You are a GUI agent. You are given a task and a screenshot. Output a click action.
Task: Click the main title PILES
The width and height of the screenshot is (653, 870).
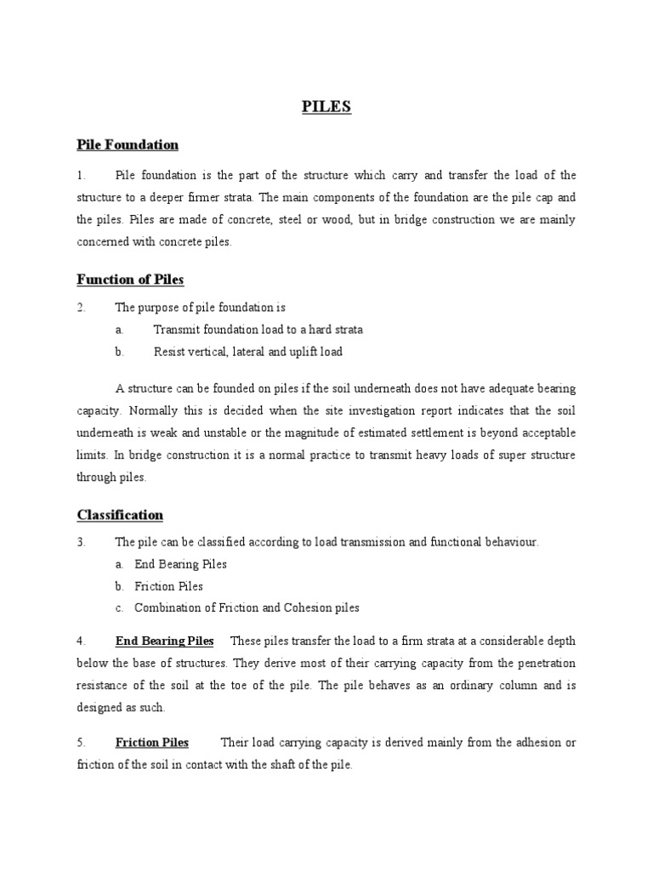click(x=326, y=108)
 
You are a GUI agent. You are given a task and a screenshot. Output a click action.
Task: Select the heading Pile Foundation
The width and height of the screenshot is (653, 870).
click(x=128, y=145)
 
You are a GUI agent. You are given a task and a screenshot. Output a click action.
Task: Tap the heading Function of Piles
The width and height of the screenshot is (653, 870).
click(x=130, y=280)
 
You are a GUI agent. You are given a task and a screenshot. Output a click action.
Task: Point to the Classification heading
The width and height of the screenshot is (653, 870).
click(x=120, y=515)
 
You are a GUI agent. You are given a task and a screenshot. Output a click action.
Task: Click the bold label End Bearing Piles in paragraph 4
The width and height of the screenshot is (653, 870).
click(x=165, y=640)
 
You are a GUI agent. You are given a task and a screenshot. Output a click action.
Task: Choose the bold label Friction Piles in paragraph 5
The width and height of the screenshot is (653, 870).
click(x=152, y=743)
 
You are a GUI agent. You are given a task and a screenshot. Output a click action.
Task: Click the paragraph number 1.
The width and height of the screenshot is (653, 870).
click(x=80, y=175)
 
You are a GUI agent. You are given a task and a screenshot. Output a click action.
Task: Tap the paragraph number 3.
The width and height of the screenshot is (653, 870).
click(x=80, y=542)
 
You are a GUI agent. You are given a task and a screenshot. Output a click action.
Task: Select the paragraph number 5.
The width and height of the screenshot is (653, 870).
click(x=80, y=743)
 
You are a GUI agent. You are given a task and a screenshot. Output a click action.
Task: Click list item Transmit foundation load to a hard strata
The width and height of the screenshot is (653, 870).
click(x=258, y=330)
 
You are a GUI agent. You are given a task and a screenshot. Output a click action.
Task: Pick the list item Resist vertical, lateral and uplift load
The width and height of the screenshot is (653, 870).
click(x=247, y=352)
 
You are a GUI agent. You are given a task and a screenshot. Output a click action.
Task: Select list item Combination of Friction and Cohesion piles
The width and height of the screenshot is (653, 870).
click(x=247, y=608)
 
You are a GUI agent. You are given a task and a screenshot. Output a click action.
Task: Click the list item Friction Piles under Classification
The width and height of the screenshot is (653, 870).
click(x=168, y=586)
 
